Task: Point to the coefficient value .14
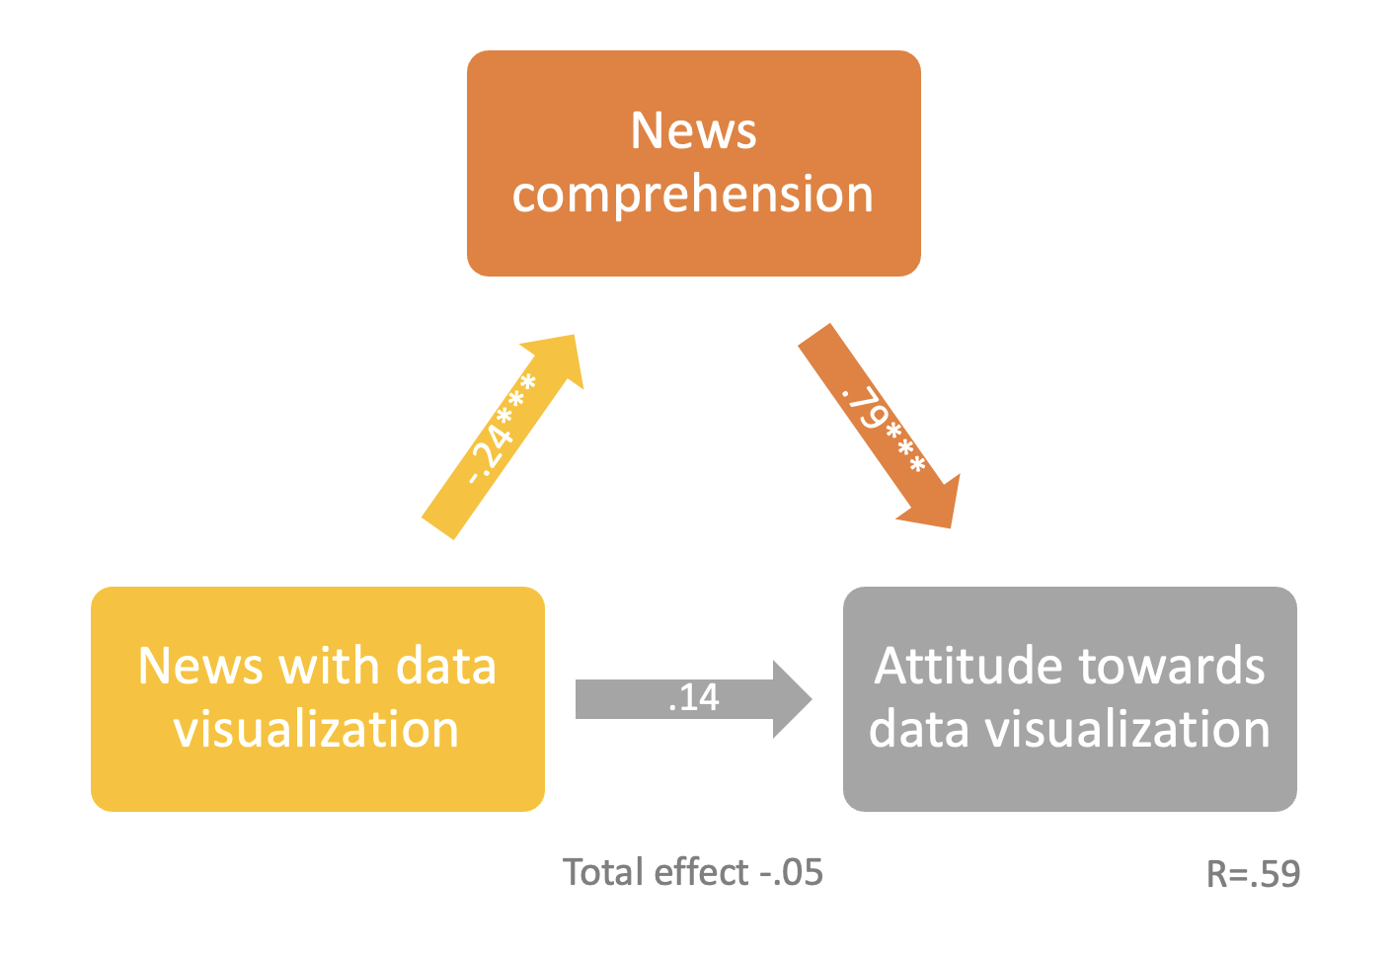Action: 694,698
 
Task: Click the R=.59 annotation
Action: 1253,874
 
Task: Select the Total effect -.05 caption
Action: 692,873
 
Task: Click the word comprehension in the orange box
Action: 693,195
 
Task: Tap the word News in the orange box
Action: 693,130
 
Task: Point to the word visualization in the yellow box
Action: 316,730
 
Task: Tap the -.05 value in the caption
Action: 791,873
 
